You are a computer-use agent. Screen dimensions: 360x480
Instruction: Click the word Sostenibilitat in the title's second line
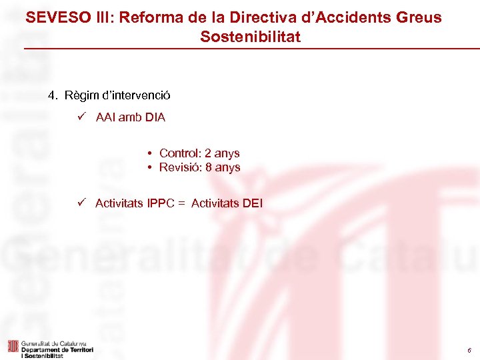coord(250,37)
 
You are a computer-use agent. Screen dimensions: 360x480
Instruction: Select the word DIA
coord(155,118)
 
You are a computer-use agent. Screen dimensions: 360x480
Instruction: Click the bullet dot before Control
coord(151,153)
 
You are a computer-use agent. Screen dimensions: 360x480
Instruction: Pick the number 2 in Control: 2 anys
coord(209,153)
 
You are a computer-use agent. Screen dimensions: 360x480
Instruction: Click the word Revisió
coord(180,167)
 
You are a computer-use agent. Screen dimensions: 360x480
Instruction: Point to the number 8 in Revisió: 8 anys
coord(209,167)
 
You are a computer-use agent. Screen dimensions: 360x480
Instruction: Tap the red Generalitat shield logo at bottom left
coord(12,347)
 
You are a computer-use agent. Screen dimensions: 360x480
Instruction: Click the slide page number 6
coord(469,350)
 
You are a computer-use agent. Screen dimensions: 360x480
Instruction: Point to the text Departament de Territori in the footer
coord(57,349)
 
